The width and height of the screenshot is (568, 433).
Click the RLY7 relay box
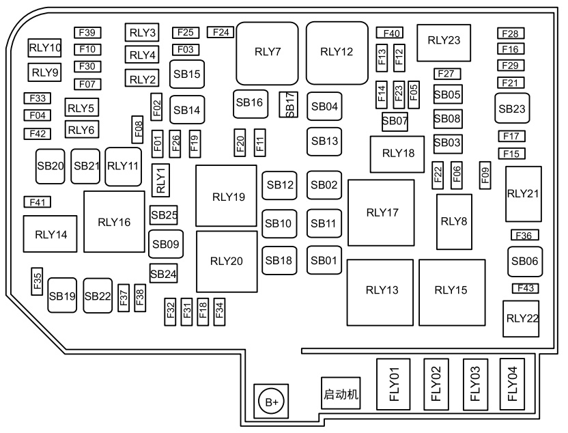coord(267,53)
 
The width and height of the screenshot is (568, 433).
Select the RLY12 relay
coord(337,53)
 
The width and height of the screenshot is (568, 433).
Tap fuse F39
coord(87,33)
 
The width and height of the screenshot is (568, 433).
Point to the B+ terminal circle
coord(271,402)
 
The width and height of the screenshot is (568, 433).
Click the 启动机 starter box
coord(341,393)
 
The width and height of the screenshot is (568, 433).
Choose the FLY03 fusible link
coord(475,385)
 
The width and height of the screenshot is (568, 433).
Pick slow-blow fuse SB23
coord(512,109)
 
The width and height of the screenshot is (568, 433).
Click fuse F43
coord(525,288)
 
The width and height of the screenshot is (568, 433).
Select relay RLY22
coord(521,318)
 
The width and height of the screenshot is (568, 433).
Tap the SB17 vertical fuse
coord(288,104)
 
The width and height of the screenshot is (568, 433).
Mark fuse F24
coord(221,32)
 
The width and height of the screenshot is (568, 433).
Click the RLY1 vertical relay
coord(160,180)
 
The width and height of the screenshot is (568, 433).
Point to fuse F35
coord(37,281)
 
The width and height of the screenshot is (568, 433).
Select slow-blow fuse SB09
coord(166,244)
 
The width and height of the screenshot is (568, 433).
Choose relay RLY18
coord(397,154)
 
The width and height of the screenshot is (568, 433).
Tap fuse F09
coord(485,176)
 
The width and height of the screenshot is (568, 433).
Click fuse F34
coord(219,311)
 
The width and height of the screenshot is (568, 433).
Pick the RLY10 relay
coord(44,48)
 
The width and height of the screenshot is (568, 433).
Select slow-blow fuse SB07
coord(395,122)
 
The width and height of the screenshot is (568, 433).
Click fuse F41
coord(38,202)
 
